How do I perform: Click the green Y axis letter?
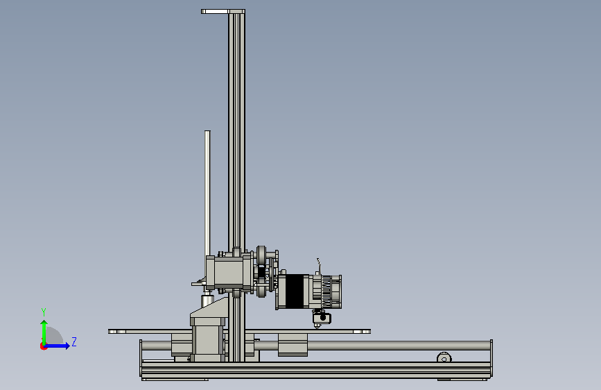point(43,312)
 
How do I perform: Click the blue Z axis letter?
point(74,341)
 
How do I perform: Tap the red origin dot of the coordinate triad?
point(43,346)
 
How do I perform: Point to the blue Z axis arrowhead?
point(67,346)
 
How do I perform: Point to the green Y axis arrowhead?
point(44,323)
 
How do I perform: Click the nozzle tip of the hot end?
point(317,328)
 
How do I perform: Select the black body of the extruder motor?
point(295,291)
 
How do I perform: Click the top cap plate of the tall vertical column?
point(223,12)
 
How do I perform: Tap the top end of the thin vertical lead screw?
point(207,132)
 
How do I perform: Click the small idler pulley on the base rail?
point(444,357)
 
